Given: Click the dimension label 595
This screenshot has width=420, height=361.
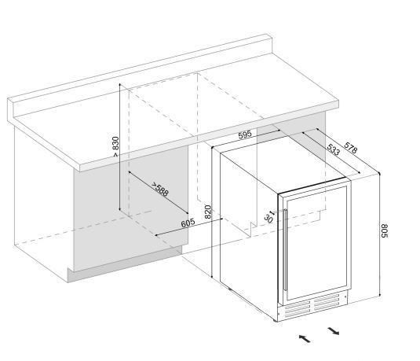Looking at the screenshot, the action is [245, 134].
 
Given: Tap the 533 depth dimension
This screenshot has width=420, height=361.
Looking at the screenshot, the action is [333, 149].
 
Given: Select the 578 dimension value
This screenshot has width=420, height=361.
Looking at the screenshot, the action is [351, 148].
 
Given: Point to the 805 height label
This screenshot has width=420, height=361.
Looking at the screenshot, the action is [384, 230].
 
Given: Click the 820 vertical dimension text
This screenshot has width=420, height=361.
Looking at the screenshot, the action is [208, 212].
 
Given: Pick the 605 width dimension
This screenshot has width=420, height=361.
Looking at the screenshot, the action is [188, 223].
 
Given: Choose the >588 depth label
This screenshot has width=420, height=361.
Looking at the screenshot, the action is [160, 190].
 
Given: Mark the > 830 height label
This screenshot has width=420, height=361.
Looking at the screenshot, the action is [115, 146].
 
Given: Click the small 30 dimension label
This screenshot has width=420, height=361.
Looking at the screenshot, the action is [268, 219].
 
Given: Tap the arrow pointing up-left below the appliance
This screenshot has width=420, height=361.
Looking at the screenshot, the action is [305, 338].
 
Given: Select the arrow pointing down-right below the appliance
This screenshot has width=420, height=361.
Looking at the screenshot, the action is [334, 331].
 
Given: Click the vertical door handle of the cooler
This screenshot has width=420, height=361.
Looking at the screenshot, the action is [286, 250].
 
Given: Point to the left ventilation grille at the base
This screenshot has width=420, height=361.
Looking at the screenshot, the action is [298, 308].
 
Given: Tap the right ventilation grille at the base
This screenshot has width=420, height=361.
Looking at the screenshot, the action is [327, 302].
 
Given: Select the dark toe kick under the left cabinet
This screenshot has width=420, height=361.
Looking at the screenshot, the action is [125, 264].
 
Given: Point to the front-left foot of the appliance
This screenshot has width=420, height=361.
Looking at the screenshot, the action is [276, 320].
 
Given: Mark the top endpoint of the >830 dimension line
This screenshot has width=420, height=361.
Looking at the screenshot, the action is [120, 84].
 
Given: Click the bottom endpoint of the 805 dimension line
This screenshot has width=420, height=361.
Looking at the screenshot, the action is [380, 296].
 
